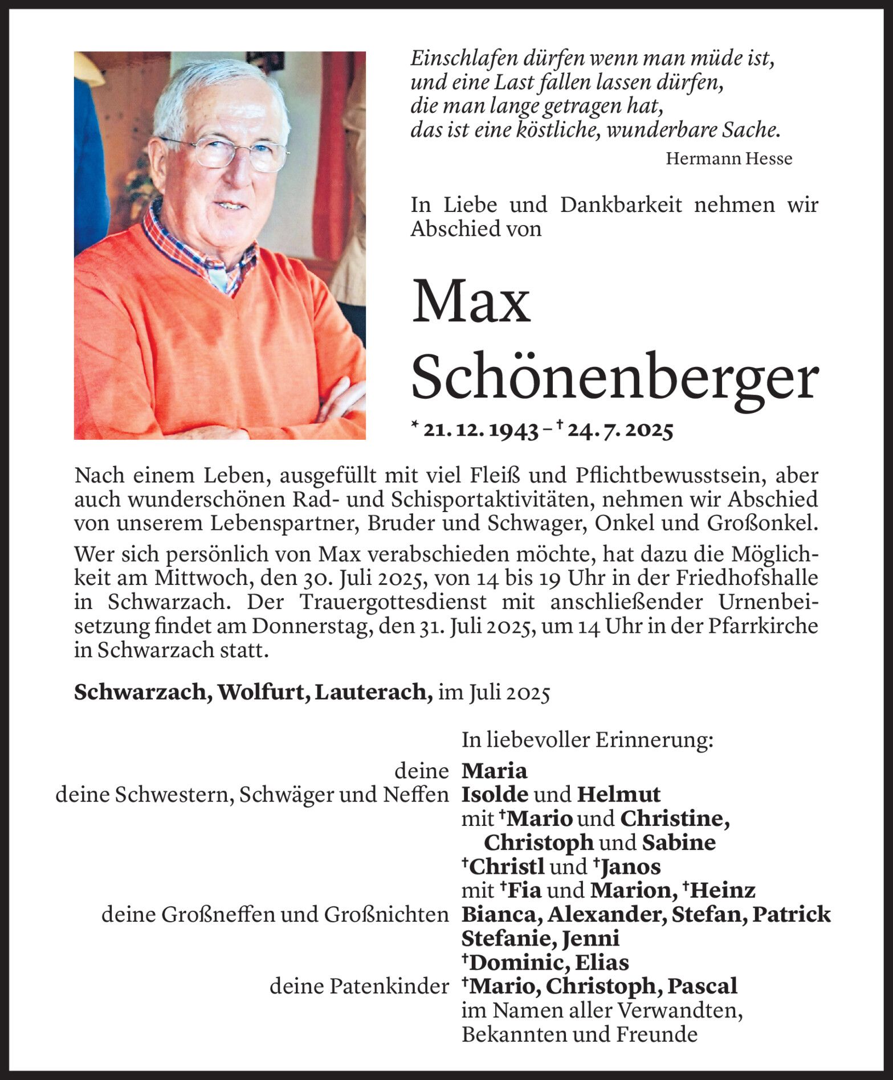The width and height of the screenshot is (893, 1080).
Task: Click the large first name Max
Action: point(471,301)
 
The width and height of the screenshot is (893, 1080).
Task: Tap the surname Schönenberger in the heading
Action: point(615,378)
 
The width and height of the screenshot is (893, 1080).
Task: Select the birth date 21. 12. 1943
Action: point(480,431)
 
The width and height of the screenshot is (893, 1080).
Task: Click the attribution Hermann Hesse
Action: point(729,158)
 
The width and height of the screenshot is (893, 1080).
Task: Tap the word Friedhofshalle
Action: point(747,578)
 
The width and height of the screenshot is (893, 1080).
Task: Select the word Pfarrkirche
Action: point(763,626)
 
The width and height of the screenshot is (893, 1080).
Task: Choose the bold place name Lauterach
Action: point(373,692)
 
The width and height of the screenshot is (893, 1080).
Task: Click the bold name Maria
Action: point(494,771)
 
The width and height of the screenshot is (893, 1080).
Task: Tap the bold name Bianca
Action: point(501,914)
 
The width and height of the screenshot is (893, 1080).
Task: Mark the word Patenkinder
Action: point(389,987)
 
